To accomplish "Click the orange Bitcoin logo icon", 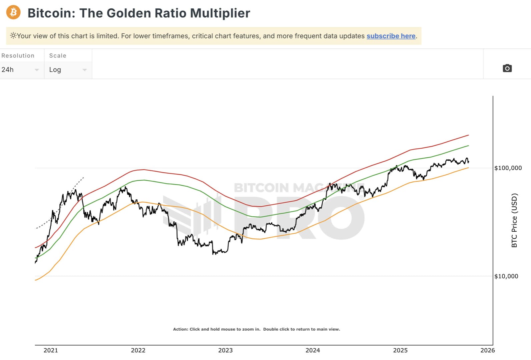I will pos(13,13).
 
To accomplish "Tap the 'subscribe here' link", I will pos(391,36).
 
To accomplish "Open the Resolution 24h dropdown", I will pos(20,70).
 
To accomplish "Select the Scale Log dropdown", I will pos(68,70).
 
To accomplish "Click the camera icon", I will pos(507,68).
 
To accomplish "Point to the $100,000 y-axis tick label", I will pos(508,168).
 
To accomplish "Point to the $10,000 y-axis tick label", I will pos(506,276).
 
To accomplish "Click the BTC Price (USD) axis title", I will pos(514,220).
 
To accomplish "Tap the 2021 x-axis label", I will pos(51,350).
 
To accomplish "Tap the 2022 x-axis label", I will pos(138,350).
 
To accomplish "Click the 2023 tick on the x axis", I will pos(225,350).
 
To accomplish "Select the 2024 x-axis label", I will pos(313,350).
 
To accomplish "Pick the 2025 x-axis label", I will pos(400,350).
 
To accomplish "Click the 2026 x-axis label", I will pos(487,350).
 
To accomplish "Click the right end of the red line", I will pos(468,135).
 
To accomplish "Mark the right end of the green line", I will pos(468,146).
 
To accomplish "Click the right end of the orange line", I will pos(468,168).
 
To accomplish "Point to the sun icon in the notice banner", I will pos(13,35).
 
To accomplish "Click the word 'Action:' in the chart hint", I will pos(180,329).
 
